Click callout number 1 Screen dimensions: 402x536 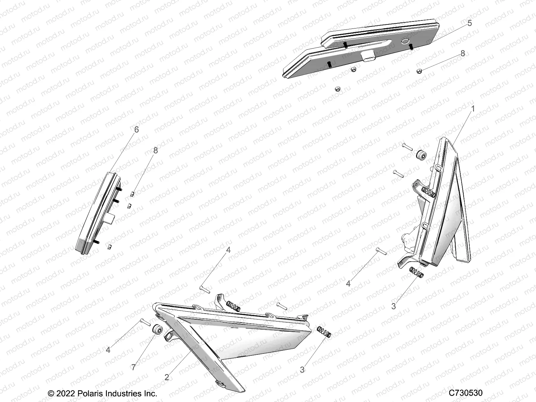point(473,109)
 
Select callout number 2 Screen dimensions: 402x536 point(167,377)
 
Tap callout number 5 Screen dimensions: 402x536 point(469,23)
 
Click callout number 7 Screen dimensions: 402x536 point(134,367)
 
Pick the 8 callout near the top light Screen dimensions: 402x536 point(463,53)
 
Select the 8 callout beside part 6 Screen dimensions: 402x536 point(155,150)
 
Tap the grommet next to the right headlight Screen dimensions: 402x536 point(420,155)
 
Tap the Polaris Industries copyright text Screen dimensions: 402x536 point(103,393)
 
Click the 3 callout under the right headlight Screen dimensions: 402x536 point(393,306)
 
